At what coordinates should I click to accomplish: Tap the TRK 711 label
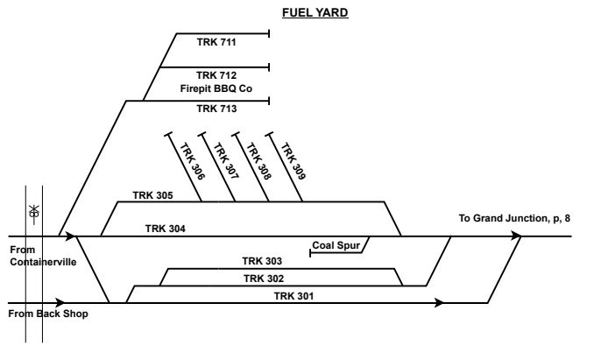(216, 42)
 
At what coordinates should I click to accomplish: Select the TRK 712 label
(216, 74)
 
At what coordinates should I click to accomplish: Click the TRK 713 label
(216, 109)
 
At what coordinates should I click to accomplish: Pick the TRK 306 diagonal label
(193, 162)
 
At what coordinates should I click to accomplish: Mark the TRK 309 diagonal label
(293, 162)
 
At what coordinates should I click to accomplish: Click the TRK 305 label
(152, 194)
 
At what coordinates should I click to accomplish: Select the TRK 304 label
(165, 228)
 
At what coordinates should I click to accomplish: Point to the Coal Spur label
(336, 244)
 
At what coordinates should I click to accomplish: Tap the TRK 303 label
(262, 261)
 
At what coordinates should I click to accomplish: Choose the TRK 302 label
(263, 279)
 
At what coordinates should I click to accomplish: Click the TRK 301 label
(293, 296)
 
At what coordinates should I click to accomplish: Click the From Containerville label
(42, 255)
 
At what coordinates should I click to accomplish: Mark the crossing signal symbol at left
(34, 211)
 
